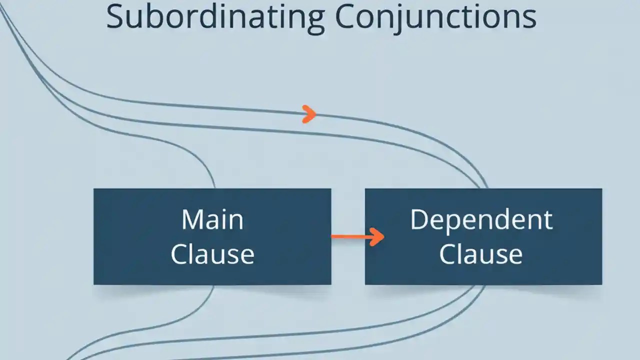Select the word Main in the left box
pyautogui.click(x=212, y=220)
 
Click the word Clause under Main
pyautogui.click(x=212, y=253)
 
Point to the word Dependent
pyautogui.click(x=481, y=220)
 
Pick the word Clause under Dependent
pyautogui.click(x=481, y=253)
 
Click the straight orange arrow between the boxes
pyautogui.click(x=357, y=236)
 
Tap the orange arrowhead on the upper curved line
pyautogui.click(x=309, y=114)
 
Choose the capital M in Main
pyautogui.click(x=192, y=220)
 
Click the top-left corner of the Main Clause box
pyautogui.click(x=94, y=189)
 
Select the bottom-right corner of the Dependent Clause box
pyautogui.click(x=601, y=284)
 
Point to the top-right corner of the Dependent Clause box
pyautogui.click(x=601, y=189)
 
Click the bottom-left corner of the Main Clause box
pyautogui.click(x=94, y=284)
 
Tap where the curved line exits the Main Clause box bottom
pyautogui.click(x=214, y=285)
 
